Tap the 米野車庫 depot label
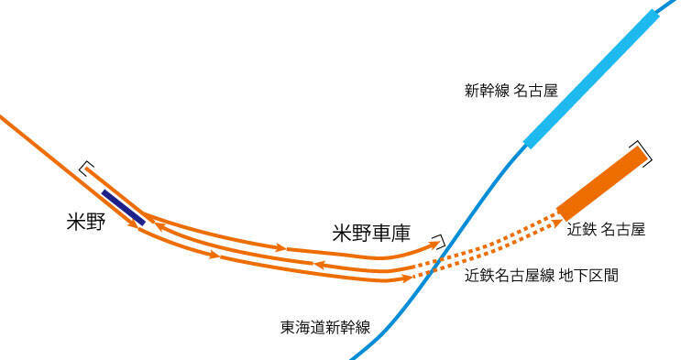pyautogui.click(x=370, y=234)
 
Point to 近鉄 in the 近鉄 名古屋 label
pyautogui.click(x=582, y=229)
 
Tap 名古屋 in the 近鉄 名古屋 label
pyautogui.click(x=624, y=229)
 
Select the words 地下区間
pyautogui.click(x=588, y=275)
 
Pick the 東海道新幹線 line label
pyautogui.click(x=325, y=326)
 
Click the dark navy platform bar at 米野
pyautogui.click(x=123, y=207)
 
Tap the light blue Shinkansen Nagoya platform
pyautogui.click(x=591, y=79)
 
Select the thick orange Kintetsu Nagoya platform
pyautogui.click(x=600, y=183)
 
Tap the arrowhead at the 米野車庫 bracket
pyautogui.click(x=433, y=245)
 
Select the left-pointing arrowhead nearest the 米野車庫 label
pyautogui.click(x=321, y=264)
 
